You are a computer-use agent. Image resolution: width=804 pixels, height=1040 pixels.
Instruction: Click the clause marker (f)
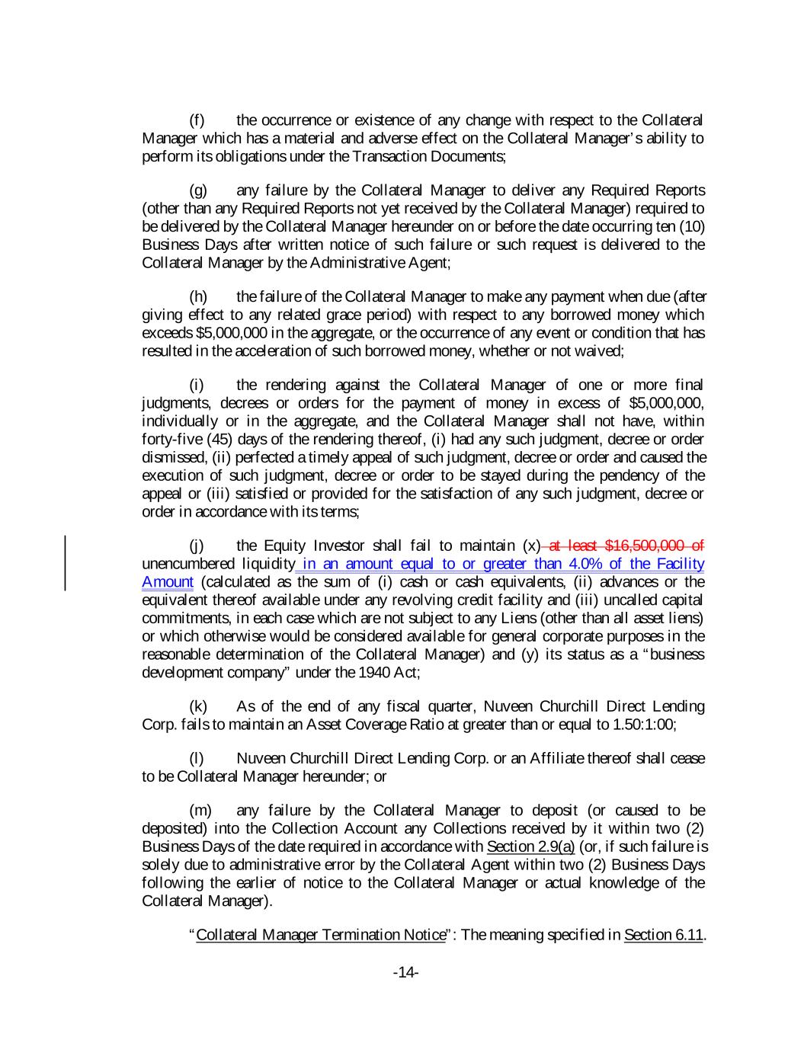point(197,120)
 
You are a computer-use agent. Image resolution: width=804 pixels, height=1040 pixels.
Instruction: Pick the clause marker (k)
point(197,706)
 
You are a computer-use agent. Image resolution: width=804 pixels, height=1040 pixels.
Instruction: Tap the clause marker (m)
point(200,810)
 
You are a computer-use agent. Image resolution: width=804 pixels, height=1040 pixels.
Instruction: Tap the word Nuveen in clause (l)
point(261,758)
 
